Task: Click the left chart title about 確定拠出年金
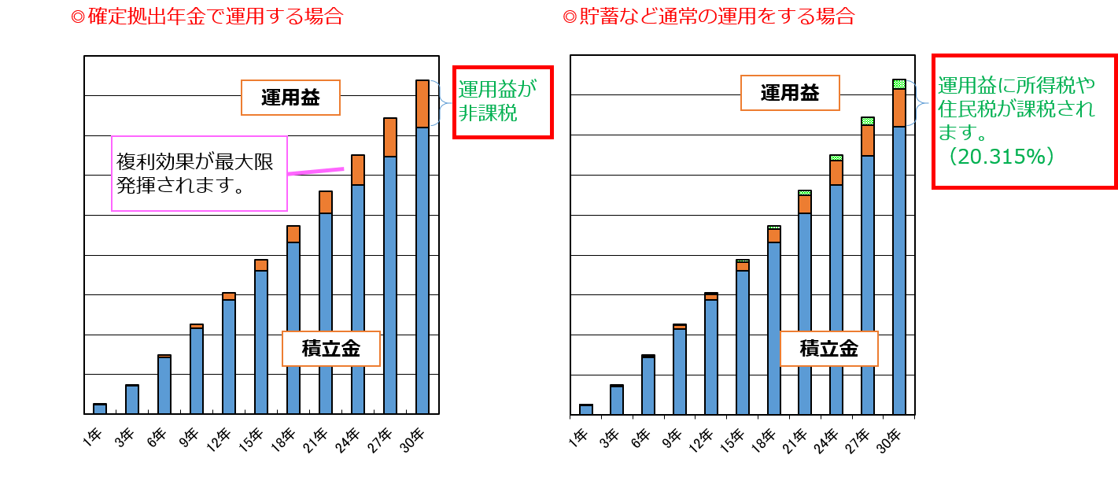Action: click(208, 17)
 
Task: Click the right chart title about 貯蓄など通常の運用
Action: click(709, 17)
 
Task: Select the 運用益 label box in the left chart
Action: click(290, 98)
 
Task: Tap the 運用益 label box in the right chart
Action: click(790, 93)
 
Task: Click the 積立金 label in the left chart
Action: click(330, 349)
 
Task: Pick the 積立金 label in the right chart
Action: click(828, 349)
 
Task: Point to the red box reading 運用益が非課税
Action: click(503, 102)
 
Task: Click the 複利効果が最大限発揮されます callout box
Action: click(199, 173)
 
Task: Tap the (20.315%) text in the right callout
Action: click(1000, 157)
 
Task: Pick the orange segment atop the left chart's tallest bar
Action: click(422, 104)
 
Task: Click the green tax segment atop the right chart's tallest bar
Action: click(899, 84)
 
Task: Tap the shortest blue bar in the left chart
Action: click(100, 409)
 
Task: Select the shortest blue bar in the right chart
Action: click(585, 409)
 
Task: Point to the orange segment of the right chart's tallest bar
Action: click(899, 108)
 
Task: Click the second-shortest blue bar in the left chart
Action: click(132, 400)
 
